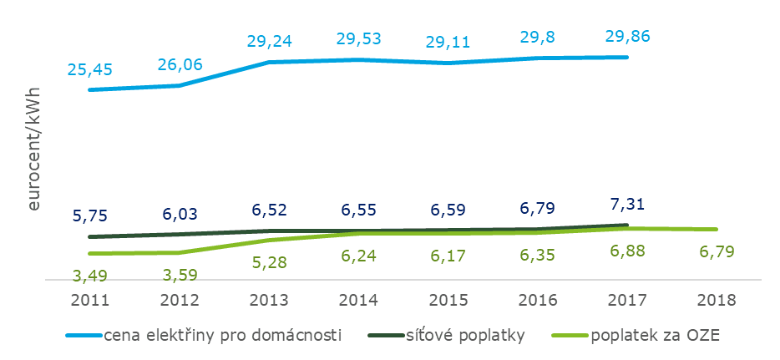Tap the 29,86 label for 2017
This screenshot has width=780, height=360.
pyautogui.click(x=626, y=36)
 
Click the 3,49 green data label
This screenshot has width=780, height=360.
pyautogui.click(x=89, y=275)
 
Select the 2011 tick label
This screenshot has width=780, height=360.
pyautogui.click(x=89, y=298)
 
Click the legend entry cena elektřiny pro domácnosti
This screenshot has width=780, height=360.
pyautogui.click(x=223, y=336)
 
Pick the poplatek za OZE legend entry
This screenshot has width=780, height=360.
pyautogui.click(x=654, y=336)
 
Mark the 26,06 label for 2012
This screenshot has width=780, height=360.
pyautogui.click(x=179, y=63)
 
